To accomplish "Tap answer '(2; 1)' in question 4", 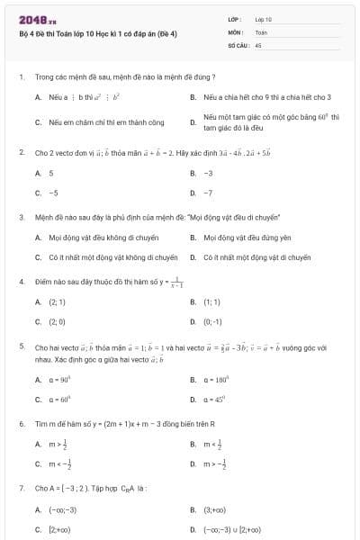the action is [57, 302].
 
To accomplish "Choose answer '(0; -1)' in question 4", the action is [212, 321].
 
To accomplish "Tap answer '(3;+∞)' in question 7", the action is [215, 509].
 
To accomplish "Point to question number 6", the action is [21, 423].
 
